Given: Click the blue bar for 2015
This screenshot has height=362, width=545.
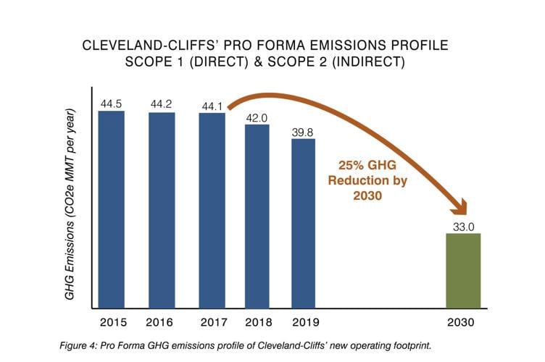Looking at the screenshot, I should pos(112,210).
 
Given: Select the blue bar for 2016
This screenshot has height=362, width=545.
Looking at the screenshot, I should pos(162,211).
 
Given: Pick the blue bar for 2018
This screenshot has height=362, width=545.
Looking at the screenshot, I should pos(257,217).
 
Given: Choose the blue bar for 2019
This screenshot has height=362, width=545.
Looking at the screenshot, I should pos(303,224).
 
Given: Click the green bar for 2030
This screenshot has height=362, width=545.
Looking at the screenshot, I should pos(463,271).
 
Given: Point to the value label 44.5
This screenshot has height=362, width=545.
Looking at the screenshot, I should pos(112,104).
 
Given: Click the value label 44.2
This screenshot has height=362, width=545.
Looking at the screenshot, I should pos(161,104).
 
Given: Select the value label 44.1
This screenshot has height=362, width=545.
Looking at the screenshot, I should pos(212,106).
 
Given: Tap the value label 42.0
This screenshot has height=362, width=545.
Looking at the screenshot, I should pos(257,117).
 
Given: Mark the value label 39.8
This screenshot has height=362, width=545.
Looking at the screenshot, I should pos(303,131).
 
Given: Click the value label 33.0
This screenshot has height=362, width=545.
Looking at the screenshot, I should pos(463,226).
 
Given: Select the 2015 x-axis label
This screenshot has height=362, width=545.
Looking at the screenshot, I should pos(112,321).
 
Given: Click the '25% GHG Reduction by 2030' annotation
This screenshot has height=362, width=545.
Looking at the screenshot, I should pos(360,180).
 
